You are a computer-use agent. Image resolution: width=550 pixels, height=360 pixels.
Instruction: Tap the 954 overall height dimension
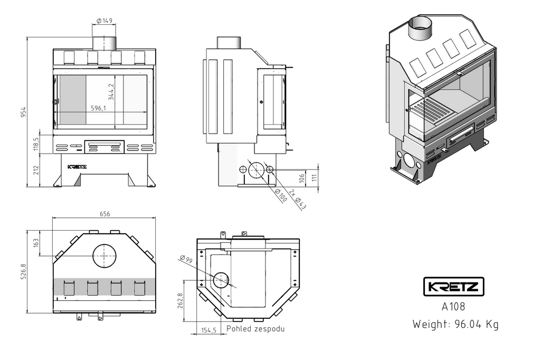(x=23, y=112)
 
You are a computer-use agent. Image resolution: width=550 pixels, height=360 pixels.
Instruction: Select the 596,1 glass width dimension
(x=98, y=108)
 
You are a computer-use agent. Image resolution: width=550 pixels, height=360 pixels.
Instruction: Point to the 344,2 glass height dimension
(x=111, y=91)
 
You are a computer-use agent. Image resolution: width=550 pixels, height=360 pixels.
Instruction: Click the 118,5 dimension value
(x=36, y=144)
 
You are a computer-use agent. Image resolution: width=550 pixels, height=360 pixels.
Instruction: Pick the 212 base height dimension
(x=36, y=170)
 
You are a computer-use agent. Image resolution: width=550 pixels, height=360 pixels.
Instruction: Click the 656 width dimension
(x=105, y=214)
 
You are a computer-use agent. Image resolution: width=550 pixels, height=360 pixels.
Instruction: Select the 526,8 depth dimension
(x=23, y=272)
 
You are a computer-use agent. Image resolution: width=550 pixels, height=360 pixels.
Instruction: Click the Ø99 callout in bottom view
(x=185, y=259)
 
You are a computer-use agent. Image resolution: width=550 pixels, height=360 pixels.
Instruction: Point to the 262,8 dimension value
(x=181, y=301)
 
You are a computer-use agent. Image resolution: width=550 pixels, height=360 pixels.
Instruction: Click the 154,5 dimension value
(x=208, y=330)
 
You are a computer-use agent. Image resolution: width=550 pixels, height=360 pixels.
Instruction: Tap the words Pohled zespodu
(x=255, y=329)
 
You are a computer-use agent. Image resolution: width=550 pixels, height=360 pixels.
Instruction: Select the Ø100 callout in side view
(x=281, y=195)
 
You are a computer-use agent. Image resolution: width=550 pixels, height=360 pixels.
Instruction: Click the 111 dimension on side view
(x=315, y=178)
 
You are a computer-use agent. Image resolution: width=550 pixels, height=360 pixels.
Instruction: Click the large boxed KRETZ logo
(x=454, y=287)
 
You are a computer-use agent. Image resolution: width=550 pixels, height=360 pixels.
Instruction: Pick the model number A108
(x=453, y=306)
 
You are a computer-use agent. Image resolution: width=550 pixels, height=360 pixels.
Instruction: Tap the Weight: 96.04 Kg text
(x=455, y=324)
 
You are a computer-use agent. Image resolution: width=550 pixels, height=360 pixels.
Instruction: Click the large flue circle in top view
(x=105, y=257)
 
